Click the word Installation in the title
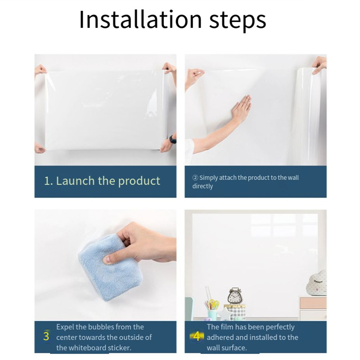(x=140, y=19)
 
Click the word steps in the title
(x=238, y=21)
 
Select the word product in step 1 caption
(x=139, y=181)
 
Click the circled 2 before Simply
(x=195, y=178)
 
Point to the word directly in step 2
(x=202, y=186)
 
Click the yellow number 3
(x=46, y=336)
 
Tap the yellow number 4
(x=197, y=336)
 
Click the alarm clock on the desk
(x=234, y=296)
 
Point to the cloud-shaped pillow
(x=317, y=283)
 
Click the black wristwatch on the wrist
(x=173, y=139)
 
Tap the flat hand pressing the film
(x=241, y=108)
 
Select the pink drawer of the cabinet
(x=313, y=303)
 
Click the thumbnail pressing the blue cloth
(x=107, y=260)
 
